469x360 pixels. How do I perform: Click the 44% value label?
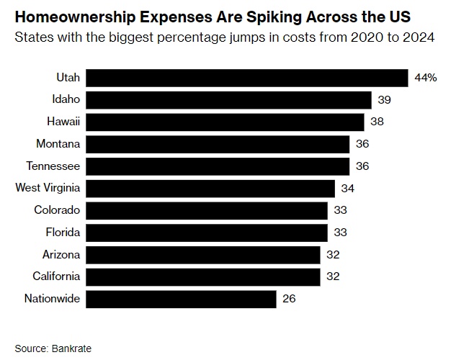pyautogui.click(x=425, y=78)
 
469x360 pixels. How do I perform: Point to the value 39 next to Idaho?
pyautogui.click(x=384, y=100)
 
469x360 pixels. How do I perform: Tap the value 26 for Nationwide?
pyautogui.click(x=289, y=299)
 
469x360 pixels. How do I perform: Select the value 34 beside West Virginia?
pyautogui.click(x=347, y=189)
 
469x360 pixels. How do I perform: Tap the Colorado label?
pyautogui.click(x=57, y=210)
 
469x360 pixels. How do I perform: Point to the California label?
pyautogui.click(x=56, y=276)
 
